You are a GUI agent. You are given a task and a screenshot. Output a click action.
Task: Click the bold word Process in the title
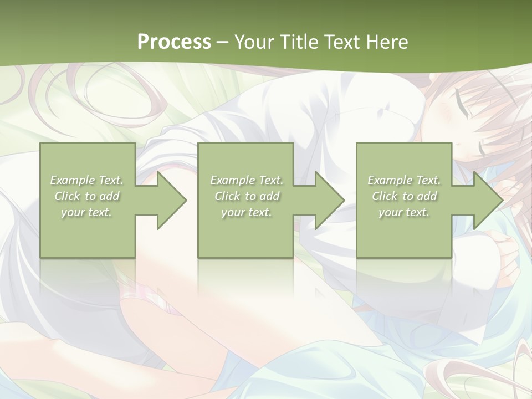coord(174,42)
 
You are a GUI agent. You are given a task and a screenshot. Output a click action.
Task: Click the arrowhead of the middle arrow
coord(330,200)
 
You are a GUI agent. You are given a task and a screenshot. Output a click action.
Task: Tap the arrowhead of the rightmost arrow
coord(488,200)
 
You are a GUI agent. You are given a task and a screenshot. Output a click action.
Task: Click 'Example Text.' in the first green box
coord(87,180)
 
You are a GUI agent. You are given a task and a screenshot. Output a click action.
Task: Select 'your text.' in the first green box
coord(86,212)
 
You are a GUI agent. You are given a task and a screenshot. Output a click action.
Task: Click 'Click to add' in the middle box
coord(247,196)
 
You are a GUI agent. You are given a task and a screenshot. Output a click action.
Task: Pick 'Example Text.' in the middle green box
coord(247,180)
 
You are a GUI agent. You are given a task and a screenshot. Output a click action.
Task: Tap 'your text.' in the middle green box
coord(246,212)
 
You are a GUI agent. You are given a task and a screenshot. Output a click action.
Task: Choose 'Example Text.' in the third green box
coord(404,180)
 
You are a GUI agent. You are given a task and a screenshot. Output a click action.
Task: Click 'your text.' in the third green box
coord(403,212)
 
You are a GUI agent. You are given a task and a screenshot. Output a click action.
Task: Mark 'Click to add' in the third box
coord(404,196)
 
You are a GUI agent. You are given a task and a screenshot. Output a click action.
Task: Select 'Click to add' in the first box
coord(87,196)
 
